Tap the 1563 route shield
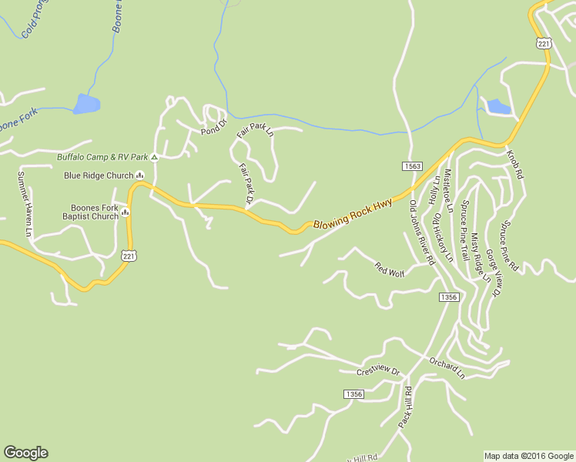click(x=412, y=166)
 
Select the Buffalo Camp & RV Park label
click(x=102, y=157)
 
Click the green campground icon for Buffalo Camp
click(x=154, y=157)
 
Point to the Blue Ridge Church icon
click(x=139, y=176)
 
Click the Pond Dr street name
click(x=215, y=126)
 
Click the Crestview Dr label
click(x=379, y=372)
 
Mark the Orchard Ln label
click(x=447, y=368)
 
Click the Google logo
click(x=25, y=453)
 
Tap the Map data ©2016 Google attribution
click(x=528, y=456)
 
